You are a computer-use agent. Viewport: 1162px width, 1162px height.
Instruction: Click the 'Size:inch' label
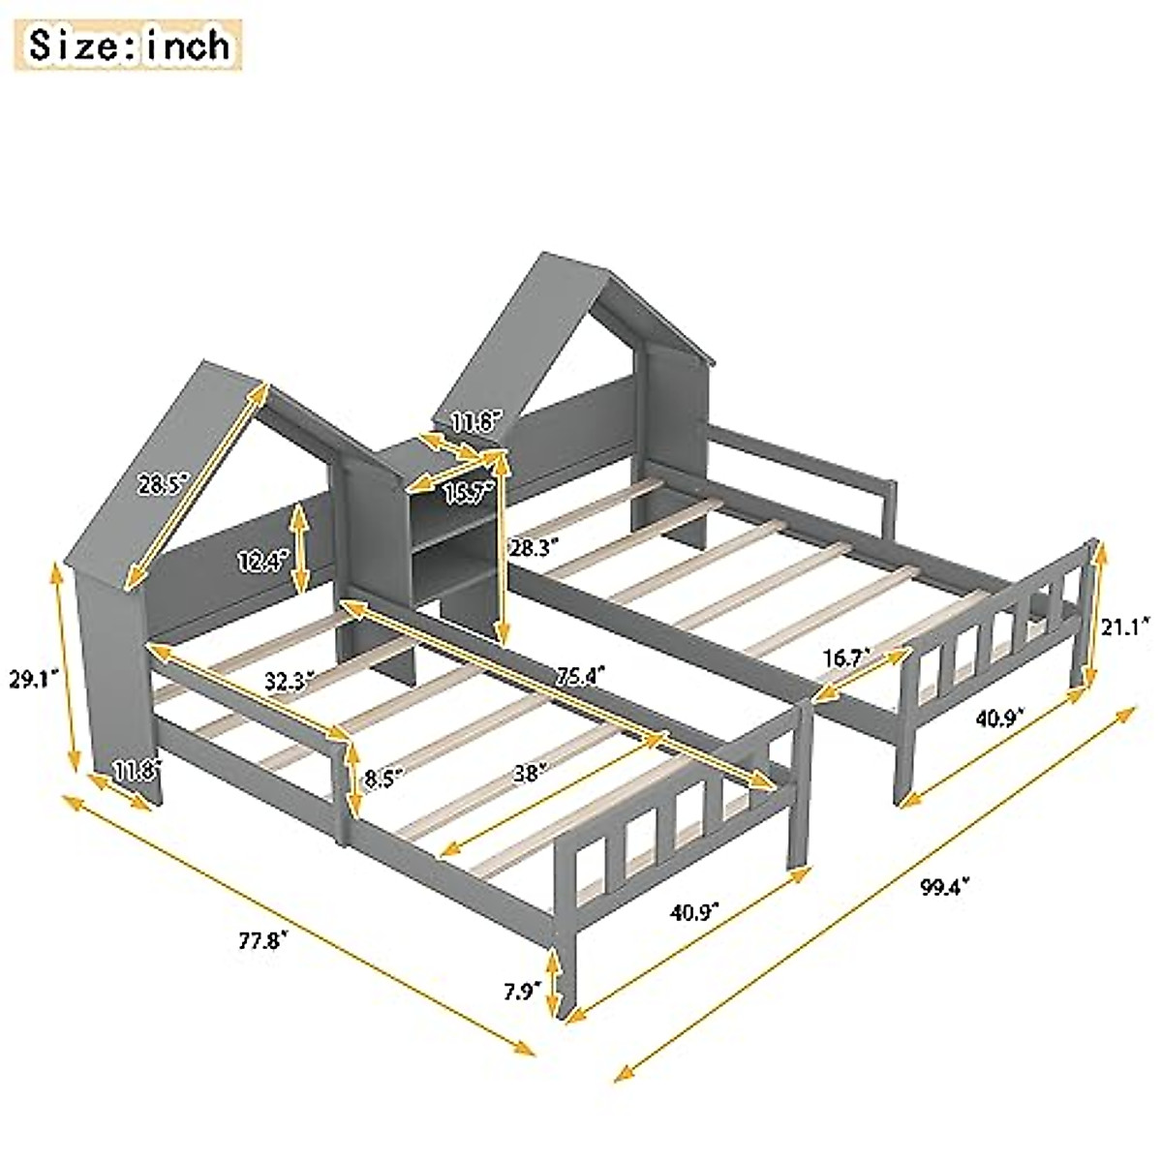[129, 46]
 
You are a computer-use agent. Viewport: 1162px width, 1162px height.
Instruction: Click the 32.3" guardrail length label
[290, 681]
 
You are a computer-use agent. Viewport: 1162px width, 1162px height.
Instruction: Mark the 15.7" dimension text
[467, 492]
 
